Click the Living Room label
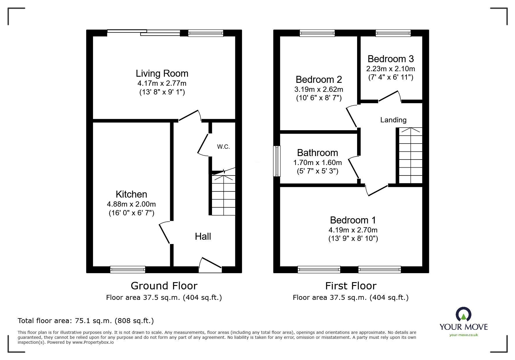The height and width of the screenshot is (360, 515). pyautogui.click(x=162, y=74)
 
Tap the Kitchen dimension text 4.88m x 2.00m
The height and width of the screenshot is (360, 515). pyautogui.click(x=131, y=204)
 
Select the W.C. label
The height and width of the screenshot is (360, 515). pyautogui.click(x=223, y=147)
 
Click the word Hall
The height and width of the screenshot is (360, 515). pyautogui.click(x=203, y=237)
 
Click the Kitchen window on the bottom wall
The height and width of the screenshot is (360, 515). pyautogui.click(x=128, y=270)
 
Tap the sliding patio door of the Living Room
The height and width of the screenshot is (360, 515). pyautogui.click(x=144, y=33)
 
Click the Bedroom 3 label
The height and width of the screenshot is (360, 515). pyautogui.click(x=391, y=59)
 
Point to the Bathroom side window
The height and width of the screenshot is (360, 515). pyautogui.click(x=277, y=161)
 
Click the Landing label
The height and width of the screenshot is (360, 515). pyautogui.click(x=393, y=120)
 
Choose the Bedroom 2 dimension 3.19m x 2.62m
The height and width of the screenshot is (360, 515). pyautogui.click(x=318, y=89)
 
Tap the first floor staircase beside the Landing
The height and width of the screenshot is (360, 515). pyautogui.click(x=410, y=156)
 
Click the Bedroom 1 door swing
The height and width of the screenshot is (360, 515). pyautogui.click(x=376, y=190)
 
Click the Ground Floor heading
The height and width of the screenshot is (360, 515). pyautogui.click(x=164, y=286)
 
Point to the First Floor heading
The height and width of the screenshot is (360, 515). pyautogui.click(x=351, y=286)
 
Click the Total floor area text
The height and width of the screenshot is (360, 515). pyautogui.click(x=86, y=321)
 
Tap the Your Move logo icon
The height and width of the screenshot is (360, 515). pyautogui.click(x=463, y=315)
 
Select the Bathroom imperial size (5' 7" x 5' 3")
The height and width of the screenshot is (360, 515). pyautogui.click(x=318, y=171)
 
